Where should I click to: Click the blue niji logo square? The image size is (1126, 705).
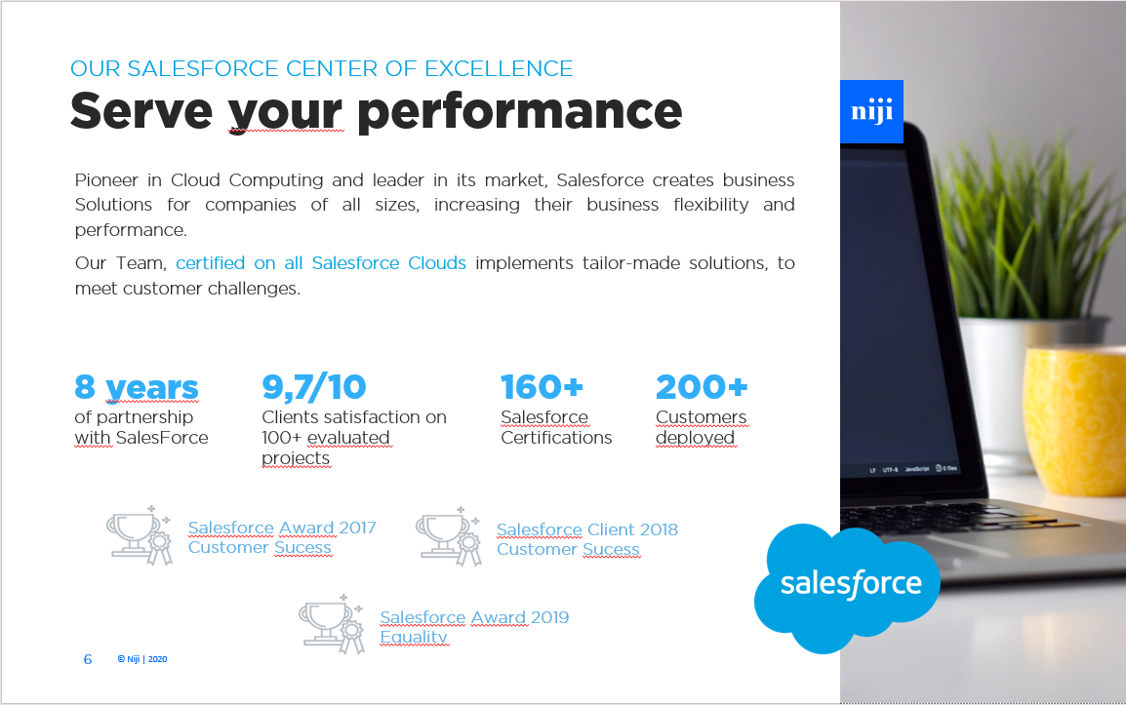(871, 111)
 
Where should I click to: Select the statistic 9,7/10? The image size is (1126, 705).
(314, 387)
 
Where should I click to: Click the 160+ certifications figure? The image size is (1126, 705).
(542, 387)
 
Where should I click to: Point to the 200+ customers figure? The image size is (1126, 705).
(702, 387)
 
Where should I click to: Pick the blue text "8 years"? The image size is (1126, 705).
(137, 388)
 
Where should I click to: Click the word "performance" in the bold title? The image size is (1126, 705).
(519, 112)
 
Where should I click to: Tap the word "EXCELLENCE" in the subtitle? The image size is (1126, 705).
(499, 68)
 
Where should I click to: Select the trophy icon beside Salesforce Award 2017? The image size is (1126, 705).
(140, 535)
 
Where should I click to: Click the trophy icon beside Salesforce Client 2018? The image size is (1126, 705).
(449, 536)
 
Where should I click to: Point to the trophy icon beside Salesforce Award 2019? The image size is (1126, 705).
(332, 624)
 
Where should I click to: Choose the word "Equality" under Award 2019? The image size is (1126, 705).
(414, 637)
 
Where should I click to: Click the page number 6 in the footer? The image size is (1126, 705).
(88, 659)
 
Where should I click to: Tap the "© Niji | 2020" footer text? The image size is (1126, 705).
(142, 659)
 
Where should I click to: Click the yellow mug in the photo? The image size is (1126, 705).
(1074, 420)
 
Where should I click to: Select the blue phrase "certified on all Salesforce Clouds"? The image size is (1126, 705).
(321, 263)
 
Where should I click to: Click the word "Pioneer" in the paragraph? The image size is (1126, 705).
(106, 180)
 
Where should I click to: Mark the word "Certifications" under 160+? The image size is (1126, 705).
(556, 438)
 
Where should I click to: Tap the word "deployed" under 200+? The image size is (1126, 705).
(695, 438)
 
